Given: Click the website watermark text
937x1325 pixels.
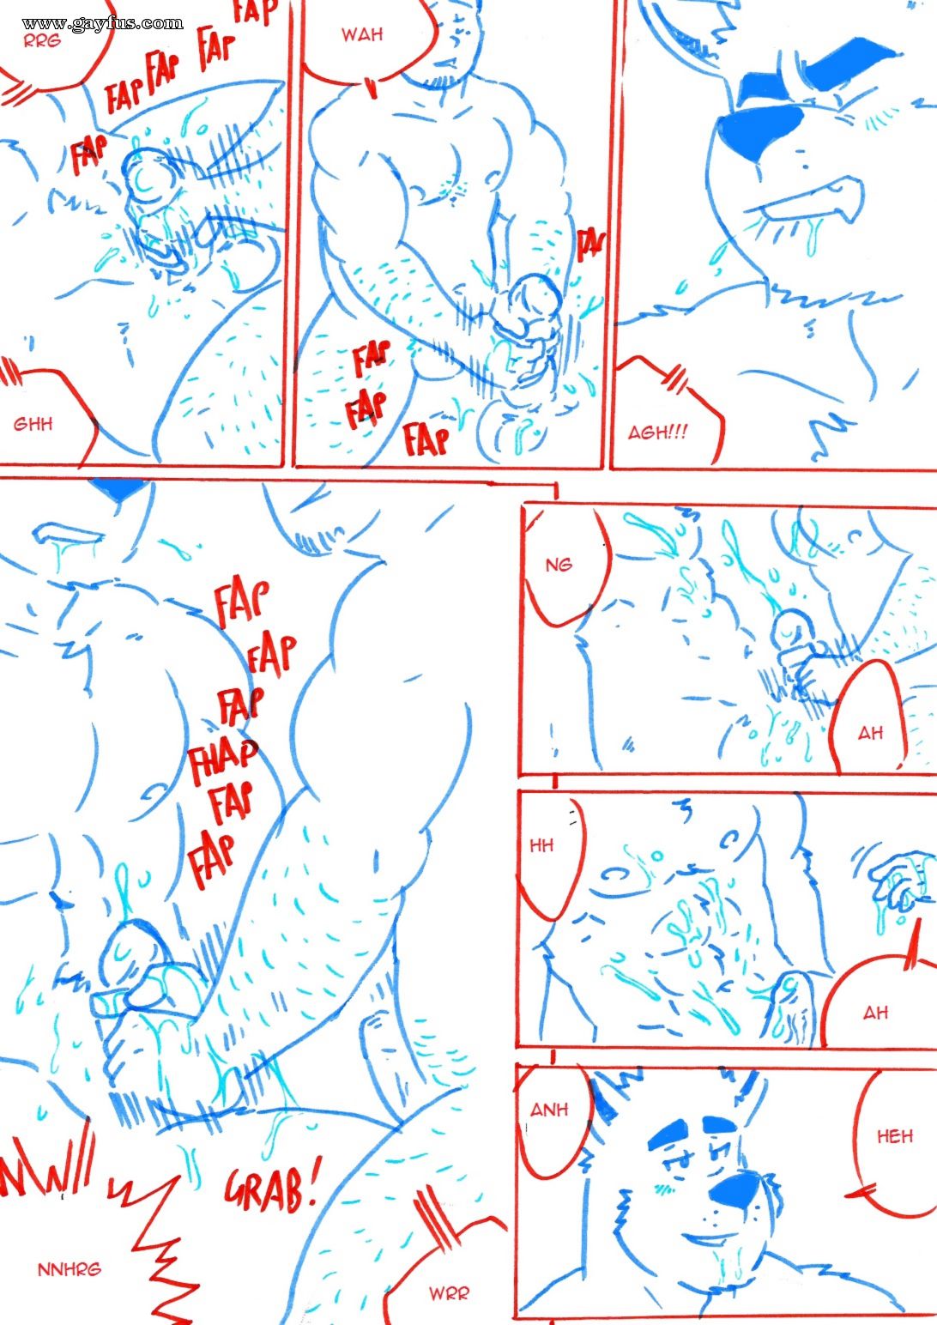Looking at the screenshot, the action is (102, 23).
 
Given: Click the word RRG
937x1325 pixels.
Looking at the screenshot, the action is (42, 41).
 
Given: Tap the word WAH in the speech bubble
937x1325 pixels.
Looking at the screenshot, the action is (362, 35).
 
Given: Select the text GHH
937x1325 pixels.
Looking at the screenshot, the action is (33, 424).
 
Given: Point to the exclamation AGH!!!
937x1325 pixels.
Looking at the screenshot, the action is (658, 433).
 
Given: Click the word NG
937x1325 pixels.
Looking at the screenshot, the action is (559, 565).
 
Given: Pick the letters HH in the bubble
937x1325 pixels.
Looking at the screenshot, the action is (541, 845).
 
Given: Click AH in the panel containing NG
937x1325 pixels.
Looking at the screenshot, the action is (870, 734).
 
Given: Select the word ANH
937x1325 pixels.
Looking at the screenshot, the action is (549, 1110).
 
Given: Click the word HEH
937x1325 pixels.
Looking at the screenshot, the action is (895, 1136).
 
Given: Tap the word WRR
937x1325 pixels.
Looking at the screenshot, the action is (449, 1293).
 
